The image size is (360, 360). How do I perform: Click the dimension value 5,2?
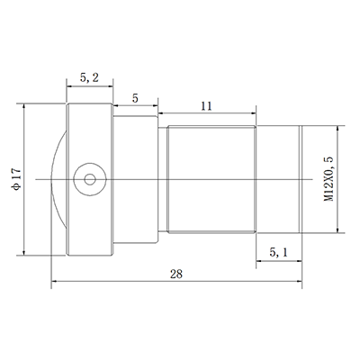pyautogui.click(x=89, y=78)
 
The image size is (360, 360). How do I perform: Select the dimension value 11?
pyautogui.click(x=206, y=107)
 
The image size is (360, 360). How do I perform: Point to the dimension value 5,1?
pyautogui.click(x=279, y=255)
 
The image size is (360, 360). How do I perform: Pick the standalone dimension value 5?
pyautogui.click(x=135, y=96)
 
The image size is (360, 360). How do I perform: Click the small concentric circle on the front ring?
pyautogui.click(x=88, y=179)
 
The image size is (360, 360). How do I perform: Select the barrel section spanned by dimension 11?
pyautogui.click(x=209, y=179)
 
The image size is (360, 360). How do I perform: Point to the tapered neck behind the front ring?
pyautogui.click(x=135, y=179)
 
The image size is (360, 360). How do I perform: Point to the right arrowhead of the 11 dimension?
pyautogui.click(x=256, y=116)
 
